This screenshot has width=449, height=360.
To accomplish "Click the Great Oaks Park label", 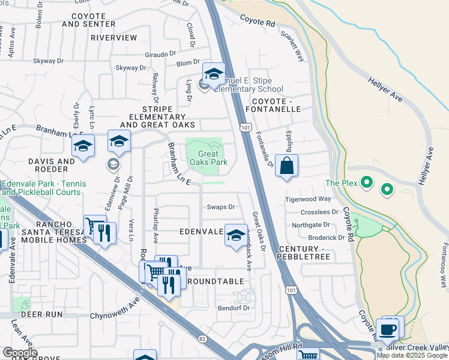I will tap(208, 158).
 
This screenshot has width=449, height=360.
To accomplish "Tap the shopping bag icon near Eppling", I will tap(287, 166).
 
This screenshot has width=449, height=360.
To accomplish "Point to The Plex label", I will tap(342, 183).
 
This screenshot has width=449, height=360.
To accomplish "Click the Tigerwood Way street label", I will tap(308, 199).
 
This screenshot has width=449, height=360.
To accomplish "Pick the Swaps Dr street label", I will tap(220, 207).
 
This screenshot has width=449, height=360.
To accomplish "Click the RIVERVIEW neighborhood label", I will tap(113, 37).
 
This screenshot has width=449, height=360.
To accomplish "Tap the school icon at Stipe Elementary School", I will tap(213, 74).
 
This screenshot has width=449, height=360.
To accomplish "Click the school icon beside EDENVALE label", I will tap(236, 235).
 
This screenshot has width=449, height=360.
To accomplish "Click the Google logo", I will tap(20, 353).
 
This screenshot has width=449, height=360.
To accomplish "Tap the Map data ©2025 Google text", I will tap(412, 355).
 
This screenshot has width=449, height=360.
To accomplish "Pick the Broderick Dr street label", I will tap(326, 237).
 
